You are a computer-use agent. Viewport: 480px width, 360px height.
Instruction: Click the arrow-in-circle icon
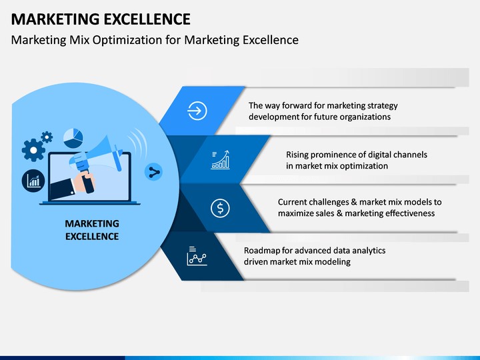click(x=197, y=111)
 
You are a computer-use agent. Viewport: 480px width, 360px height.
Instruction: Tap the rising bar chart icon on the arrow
click(x=221, y=160)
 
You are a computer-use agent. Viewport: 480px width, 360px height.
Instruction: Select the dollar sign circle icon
click(x=220, y=208)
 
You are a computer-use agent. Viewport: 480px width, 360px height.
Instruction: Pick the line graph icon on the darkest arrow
click(x=197, y=256)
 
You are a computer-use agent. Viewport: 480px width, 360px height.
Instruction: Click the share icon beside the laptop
click(x=154, y=172)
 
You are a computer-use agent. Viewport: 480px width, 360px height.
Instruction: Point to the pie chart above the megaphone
click(x=73, y=138)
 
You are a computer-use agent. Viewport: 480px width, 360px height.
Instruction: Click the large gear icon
click(x=33, y=150)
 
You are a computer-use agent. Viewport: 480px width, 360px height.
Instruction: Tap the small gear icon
click(x=47, y=137)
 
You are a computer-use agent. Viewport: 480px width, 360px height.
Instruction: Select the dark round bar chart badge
click(x=33, y=181)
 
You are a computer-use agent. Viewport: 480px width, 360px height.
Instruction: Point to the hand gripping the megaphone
click(x=83, y=182)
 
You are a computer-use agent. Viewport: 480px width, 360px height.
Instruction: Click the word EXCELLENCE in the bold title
click(x=147, y=19)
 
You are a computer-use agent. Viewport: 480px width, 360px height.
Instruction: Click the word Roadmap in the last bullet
click(x=262, y=251)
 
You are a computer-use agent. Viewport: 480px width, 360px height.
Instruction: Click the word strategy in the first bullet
click(x=383, y=106)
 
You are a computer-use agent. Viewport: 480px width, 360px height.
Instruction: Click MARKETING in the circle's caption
click(x=92, y=223)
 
